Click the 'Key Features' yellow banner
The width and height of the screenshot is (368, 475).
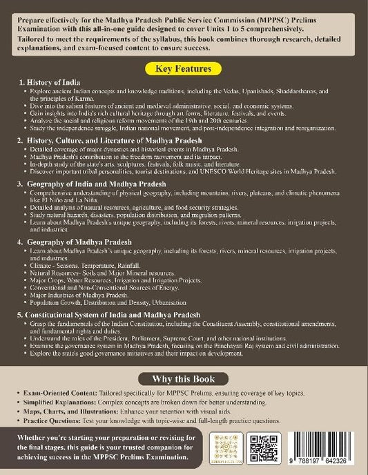[184, 70]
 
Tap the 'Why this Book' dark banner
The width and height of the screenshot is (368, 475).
[184, 378]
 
